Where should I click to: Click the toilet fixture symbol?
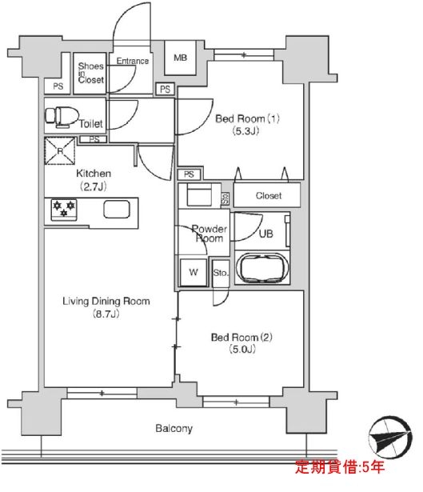(62, 117)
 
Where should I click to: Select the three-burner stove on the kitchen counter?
(64, 210)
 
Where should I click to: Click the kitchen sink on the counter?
(117, 209)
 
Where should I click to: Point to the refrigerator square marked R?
(60, 151)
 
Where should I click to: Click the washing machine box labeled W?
(194, 272)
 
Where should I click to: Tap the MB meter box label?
(180, 58)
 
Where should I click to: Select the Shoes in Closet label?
(91, 73)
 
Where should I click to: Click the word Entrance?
(133, 61)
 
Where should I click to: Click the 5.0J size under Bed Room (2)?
(242, 349)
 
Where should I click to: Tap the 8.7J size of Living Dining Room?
(106, 314)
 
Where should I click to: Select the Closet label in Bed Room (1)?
(269, 196)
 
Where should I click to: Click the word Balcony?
(174, 429)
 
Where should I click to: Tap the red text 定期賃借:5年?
(340, 467)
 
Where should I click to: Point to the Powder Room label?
(210, 234)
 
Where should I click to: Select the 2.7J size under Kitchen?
(94, 187)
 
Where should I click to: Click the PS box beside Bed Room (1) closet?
(189, 174)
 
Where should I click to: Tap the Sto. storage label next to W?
(221, 273)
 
